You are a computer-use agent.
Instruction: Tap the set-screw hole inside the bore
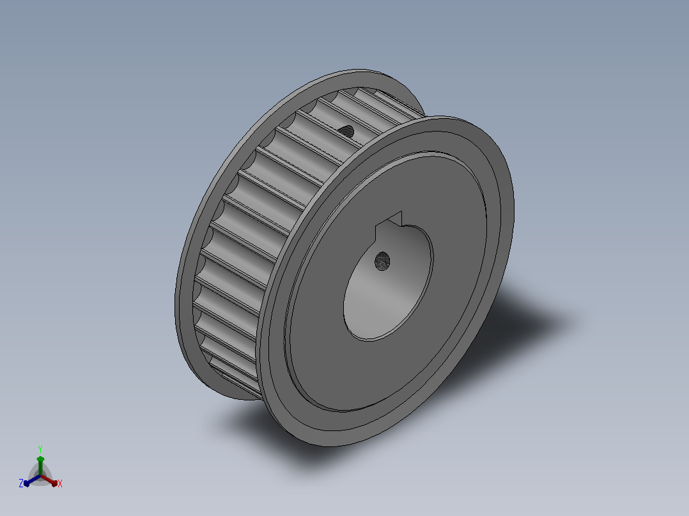[x=382, y=261]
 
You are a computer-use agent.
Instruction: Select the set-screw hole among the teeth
[x=346, y=131]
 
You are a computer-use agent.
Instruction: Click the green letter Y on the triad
[x=40, y=449]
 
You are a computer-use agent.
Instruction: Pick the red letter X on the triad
[x=60, y=483]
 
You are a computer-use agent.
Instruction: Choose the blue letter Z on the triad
[x=20, y=483]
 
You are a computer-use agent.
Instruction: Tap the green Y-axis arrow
[x=40, y=466]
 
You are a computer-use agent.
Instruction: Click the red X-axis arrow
[x=49, y=480]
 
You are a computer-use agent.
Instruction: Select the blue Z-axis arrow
[x=32, y=480]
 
